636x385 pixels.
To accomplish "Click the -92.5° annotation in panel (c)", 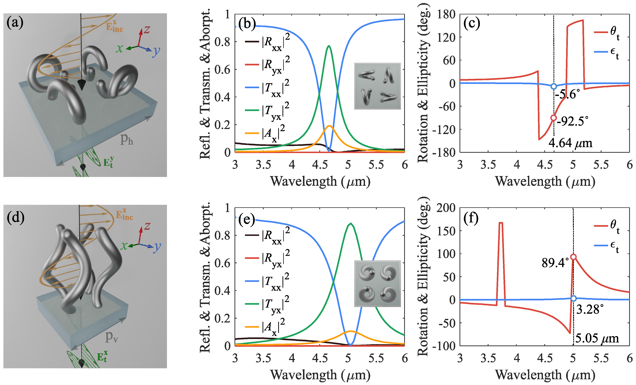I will point(573,121).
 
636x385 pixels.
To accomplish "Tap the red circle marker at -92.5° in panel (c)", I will point(553,118).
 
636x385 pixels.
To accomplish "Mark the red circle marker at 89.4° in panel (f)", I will point(573,257).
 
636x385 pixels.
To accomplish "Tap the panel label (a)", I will point(15,22).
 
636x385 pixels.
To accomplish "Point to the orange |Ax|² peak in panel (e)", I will point(350,331).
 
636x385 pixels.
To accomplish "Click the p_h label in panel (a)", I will point(127,139).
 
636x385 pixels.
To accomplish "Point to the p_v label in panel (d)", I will point(111,337).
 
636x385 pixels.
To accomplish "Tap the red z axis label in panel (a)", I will point(147,29).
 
